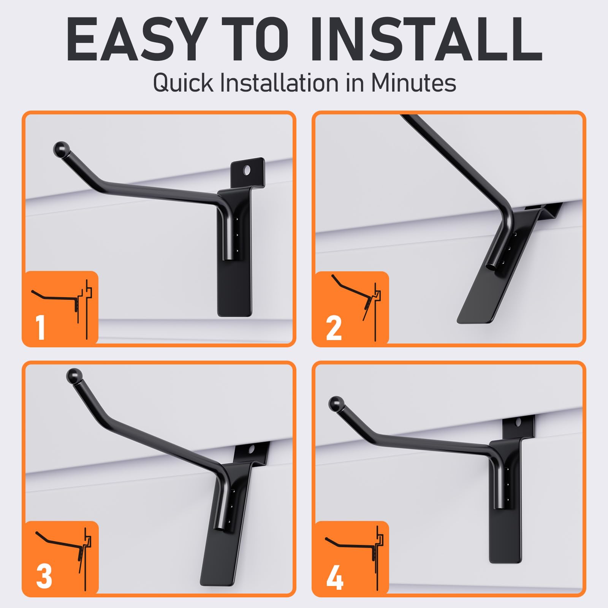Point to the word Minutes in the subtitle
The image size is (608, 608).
click(413, 82)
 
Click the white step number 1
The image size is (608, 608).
click(41, 328)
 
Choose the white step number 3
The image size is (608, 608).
click(44, 577)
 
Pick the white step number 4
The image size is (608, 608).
click(334, 578)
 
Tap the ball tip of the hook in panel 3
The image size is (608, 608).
click(73, 376)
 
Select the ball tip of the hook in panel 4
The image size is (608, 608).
click(335, 403)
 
